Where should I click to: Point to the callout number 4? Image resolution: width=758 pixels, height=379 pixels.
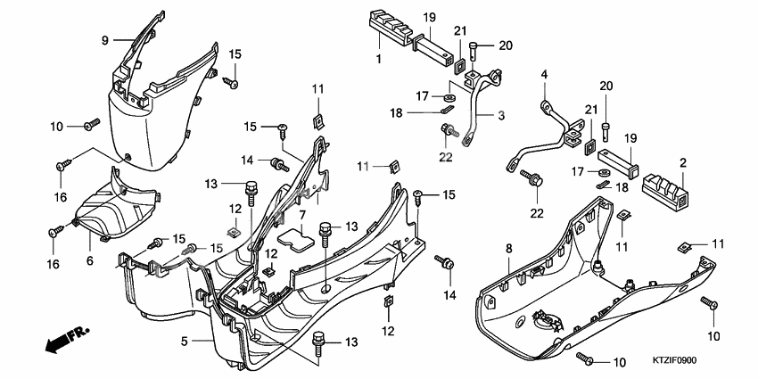[x=542, y=78]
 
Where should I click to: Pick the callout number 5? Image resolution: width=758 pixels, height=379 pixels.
[x=184, y=341]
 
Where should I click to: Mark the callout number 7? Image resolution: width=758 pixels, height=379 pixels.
[x=302, y=215]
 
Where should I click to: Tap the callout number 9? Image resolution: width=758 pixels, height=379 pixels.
[x=104, y=40]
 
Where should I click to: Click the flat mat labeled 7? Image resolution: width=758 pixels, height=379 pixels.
[x=296, y=237]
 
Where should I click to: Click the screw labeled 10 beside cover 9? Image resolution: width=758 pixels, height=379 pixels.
[x=90, y=126]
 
